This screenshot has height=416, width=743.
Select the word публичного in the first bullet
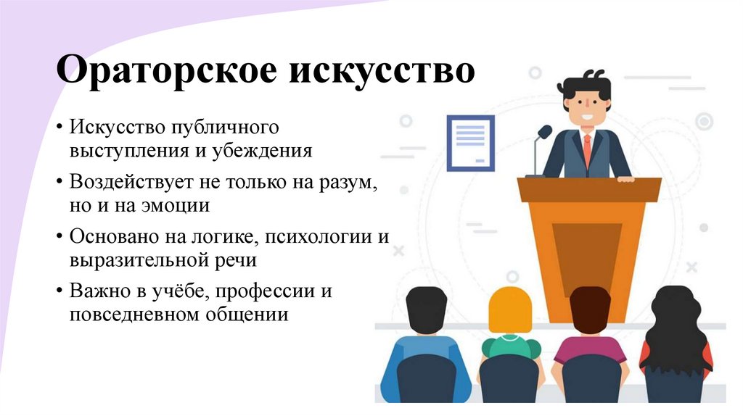[x=226, y=128]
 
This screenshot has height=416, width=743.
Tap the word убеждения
[x=262, y=151]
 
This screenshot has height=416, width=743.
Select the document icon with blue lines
[x=471, y=143]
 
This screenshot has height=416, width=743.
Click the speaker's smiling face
[x=584, y=107]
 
